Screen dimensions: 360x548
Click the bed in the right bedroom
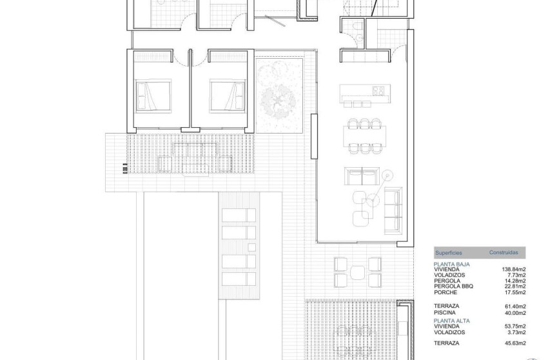(226, 96)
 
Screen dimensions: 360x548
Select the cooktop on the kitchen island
(378, 90)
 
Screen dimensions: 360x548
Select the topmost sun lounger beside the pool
(239, 216)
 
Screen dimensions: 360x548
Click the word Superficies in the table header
(449, 254)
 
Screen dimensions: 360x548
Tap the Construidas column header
(504, 254)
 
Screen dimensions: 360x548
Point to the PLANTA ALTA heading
(451, 320)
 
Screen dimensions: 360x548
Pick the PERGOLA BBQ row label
(456, 287)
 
